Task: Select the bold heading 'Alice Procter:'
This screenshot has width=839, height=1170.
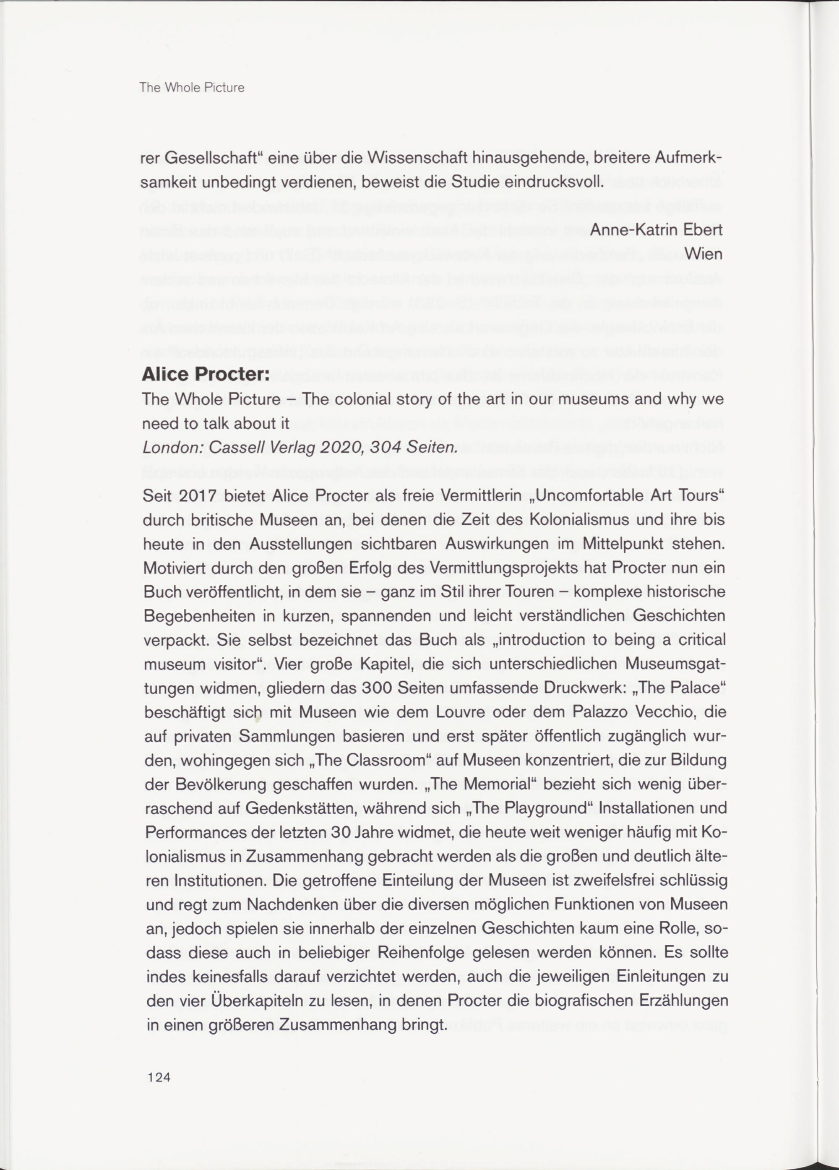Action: tap(206, 375)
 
